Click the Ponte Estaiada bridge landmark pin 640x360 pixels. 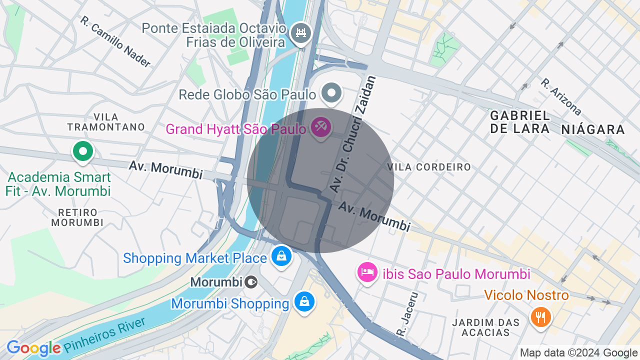[x=301, y=33]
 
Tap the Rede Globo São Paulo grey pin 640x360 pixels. [x=331, y=92]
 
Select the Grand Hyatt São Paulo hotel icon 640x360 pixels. [x=320, y=127]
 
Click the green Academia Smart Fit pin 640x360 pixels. [x=83, y=150]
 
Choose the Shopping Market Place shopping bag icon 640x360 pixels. [x=281, y=256]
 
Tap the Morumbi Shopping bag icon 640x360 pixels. [x=304, y=301]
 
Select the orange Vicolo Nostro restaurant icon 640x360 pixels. [x=540, y=316]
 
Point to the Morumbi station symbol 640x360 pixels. [x=251, y=282]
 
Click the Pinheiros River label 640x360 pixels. [x=105, y=334]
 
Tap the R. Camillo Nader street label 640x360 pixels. [x=115, y=41]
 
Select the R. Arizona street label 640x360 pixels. [x=561, y=96]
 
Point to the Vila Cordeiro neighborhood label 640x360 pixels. [x=429, y=167]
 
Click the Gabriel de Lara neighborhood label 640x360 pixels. [x=520, y=122]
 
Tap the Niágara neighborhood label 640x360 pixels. [x=593, y=129]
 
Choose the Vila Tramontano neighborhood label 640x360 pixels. [x=106, y=121]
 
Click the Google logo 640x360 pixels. [x=33, y=348]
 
